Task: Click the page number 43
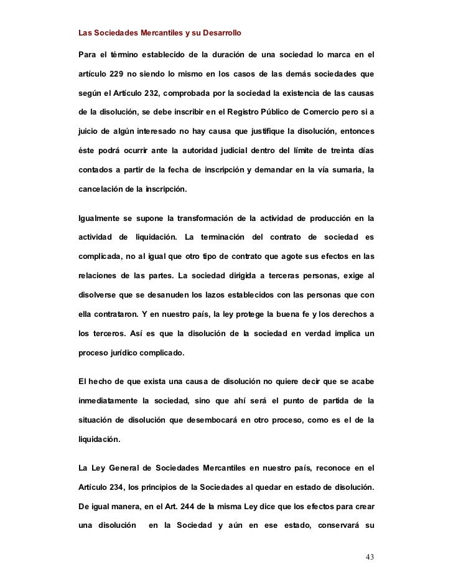(x=370, y=556)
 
